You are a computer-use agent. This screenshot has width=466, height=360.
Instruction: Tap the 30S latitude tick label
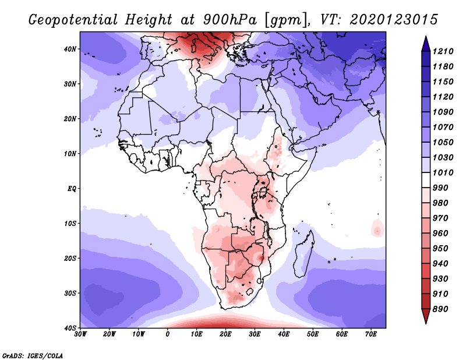[70, 293]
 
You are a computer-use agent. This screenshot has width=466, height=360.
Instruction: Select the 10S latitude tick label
[70, 224]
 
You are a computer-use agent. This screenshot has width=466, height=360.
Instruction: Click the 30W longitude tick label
[81, 334]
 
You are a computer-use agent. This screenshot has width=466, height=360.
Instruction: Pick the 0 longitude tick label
[168, 334]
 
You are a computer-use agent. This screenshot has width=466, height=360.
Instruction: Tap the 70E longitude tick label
[370, 334]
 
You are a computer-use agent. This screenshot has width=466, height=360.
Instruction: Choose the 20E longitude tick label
[225, 334]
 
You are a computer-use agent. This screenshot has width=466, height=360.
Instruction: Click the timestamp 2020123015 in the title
[394, 20]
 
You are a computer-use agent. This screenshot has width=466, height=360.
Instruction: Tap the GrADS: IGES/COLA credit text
[32, 355]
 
